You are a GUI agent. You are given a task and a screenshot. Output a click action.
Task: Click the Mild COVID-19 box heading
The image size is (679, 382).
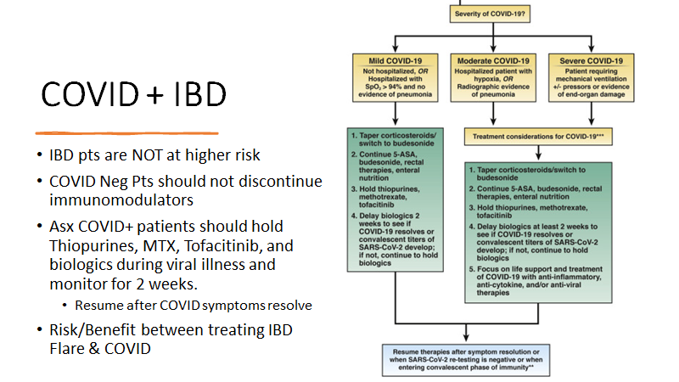pyautogui.click(x=394, y=60)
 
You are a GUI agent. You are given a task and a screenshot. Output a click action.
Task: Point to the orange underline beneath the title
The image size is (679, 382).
pyautogui.click(x=127, y=132)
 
